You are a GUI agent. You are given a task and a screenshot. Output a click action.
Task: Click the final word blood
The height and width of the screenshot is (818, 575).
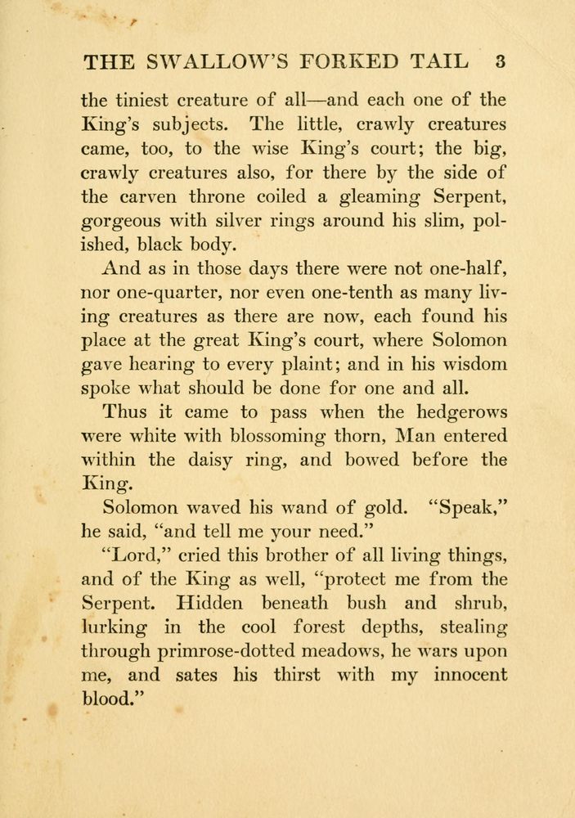(x=111, y=699)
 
